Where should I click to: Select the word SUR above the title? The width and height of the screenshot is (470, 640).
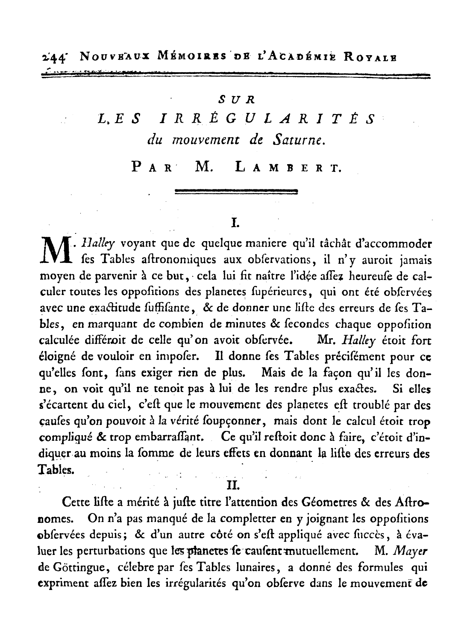pos(236,100)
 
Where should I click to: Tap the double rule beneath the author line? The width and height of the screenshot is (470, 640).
pos(236,192)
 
